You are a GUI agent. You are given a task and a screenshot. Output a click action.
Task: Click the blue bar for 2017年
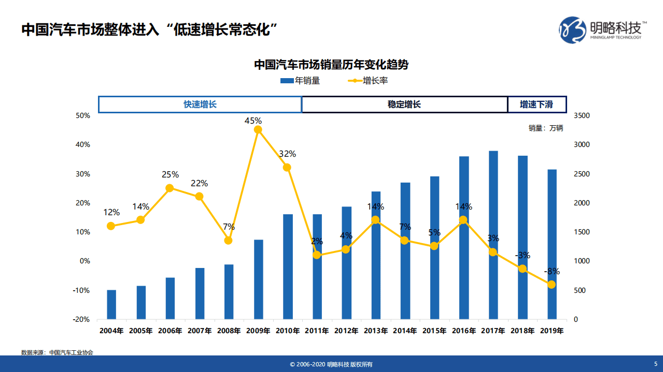point(493,235)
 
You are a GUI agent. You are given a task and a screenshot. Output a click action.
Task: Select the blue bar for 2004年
point(111,305)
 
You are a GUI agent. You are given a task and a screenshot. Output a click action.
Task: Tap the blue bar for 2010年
point(287,266)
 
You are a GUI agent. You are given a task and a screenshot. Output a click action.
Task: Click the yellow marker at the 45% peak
point(258,130)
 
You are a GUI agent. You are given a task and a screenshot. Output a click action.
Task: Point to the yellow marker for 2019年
point(552,285)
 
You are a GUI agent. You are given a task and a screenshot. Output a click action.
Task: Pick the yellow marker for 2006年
point(170,188)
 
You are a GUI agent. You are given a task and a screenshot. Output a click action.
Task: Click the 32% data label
point(287,154)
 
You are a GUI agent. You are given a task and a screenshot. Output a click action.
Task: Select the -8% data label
point(552,271)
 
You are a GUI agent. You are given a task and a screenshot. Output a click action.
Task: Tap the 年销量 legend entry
point(300,81)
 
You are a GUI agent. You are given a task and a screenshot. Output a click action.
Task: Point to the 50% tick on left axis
point(83,115)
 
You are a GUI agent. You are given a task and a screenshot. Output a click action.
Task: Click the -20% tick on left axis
point(82,320)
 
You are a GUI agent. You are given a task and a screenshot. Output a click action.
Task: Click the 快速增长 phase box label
point(200,105)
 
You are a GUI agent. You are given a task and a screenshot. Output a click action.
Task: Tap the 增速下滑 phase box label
point(537,105)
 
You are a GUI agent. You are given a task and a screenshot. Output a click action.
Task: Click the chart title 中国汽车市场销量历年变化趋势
point(331,65)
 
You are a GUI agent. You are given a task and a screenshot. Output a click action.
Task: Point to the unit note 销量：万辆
point(545,128)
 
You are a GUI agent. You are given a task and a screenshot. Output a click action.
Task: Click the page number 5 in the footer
point(655,364)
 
